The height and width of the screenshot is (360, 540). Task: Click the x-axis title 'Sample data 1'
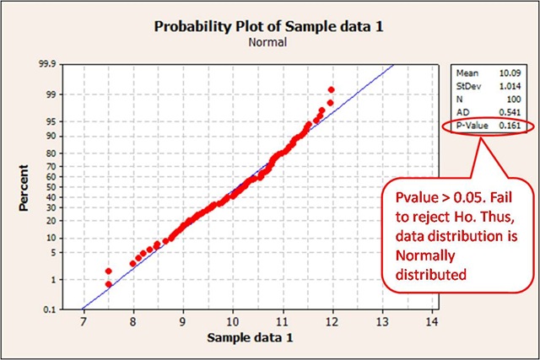[257, 338]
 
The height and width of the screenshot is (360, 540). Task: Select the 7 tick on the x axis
[83, 322]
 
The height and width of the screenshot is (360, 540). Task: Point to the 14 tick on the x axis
[433, 322]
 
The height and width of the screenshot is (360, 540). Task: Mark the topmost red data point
[332, 89]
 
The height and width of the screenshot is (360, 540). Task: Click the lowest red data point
[108, 284]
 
